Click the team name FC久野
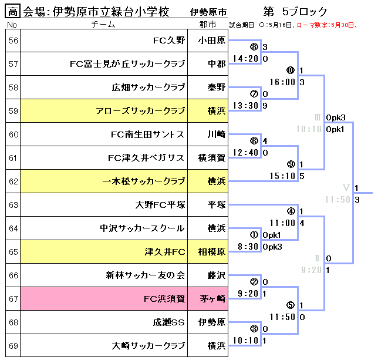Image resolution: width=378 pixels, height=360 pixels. (x=169, y=41)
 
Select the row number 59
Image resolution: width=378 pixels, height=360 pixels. (x=13, y=111)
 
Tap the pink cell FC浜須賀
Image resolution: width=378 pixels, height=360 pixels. (x=164, y=299)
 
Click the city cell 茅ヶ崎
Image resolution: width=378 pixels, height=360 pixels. (x=212, y=299)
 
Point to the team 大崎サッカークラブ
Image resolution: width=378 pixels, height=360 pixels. (x=148, y=346)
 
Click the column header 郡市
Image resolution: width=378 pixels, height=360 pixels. (x=207, y=25)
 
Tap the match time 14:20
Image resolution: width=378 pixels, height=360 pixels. (x=246, y=59)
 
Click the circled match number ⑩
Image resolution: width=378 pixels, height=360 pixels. (x=290, y=70)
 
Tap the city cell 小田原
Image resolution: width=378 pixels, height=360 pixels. (x=212, y=41)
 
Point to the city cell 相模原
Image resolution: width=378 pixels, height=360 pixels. (x=212, y=252)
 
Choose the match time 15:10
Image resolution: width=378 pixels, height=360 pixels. (x=283, y=176)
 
